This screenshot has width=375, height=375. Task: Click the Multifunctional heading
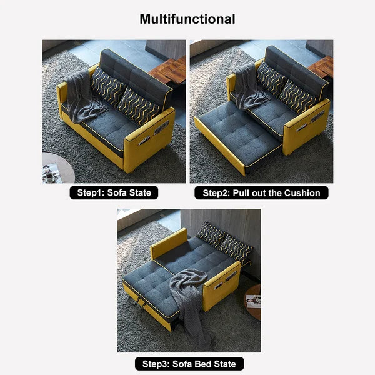[x=187, y=19]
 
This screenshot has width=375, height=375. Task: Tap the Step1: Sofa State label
[x=114, y=193]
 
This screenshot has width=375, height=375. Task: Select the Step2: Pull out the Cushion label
[x=261, y=193]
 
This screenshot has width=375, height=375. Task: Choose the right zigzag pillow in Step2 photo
[x=298, y=96]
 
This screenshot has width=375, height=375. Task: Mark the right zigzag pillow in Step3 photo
[x=237, y=248]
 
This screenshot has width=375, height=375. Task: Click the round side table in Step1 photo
[x=56, y=169]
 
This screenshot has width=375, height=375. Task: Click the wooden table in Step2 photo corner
[x=321, y=66]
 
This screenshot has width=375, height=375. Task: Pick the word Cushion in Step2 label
[x=300, y=193]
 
